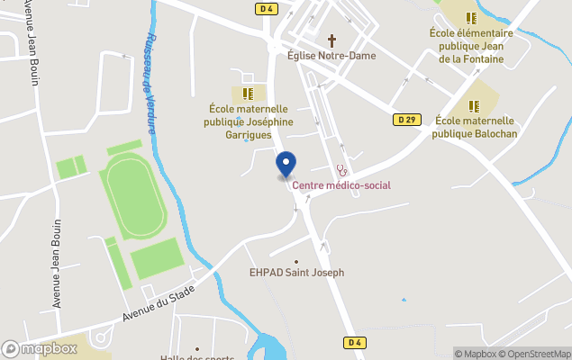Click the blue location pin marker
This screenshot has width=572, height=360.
click(x=286, y=164)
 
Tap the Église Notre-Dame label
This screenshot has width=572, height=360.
click(x=331, y=56)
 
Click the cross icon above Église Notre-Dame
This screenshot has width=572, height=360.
click(x=331, y=40)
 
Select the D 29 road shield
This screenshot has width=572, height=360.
click(x=404, y=119)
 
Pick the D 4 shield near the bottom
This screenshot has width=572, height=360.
click(x=355, y=342)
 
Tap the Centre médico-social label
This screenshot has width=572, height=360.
click(x=341, y=185)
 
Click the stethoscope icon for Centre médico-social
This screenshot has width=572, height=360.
click(x=341, y=169)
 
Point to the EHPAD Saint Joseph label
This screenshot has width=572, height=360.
click(x=296, y=273)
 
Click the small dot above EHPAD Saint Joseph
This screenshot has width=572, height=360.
click(x=296, y=261)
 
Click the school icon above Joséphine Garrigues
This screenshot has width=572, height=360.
click(x=248, y=93)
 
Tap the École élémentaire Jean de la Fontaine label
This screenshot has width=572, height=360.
click(x=471, y=46)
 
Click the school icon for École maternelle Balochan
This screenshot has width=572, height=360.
click(x=474, y=106)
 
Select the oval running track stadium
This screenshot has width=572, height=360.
click(x=135, y=195)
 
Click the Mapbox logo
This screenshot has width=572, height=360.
click(x=40, y=348)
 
